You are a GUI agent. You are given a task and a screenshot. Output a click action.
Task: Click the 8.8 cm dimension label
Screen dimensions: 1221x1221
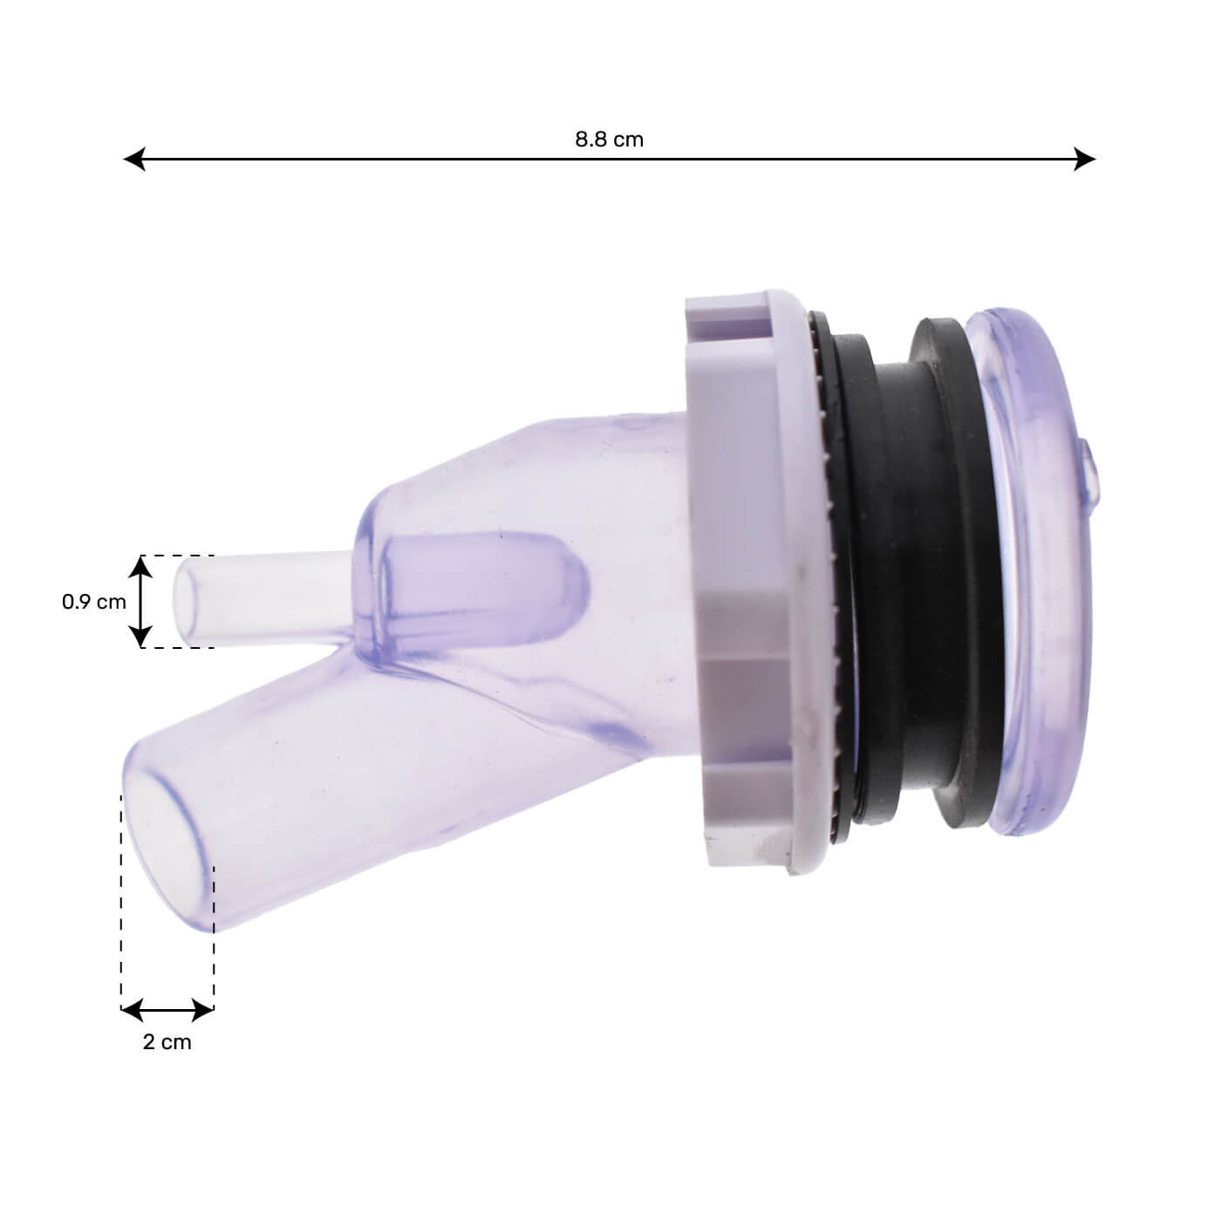[609, 140]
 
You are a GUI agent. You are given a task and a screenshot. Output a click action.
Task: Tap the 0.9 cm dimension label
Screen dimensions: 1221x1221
[94, 601]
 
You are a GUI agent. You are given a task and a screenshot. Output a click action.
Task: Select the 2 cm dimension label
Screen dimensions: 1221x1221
[167, 1041]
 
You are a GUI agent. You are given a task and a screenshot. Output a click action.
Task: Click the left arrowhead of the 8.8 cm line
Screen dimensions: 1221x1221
[133, 159]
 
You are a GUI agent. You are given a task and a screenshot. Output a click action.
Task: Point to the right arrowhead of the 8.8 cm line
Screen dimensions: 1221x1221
[1084, 159]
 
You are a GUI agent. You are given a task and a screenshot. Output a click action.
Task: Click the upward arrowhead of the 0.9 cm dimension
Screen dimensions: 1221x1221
[140, 566]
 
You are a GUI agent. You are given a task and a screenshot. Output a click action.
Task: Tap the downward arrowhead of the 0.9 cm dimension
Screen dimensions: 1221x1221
[140, 636]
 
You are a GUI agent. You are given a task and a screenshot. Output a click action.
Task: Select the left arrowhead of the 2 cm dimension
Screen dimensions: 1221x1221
[132, 1009]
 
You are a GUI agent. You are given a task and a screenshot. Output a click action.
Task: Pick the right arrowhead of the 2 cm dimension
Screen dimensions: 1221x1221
[202, 1009]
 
